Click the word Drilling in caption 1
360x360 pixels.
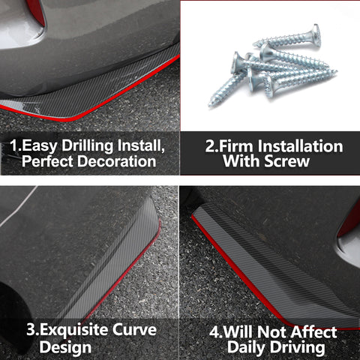click(x=88, y=146)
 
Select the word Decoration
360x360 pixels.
click(x=117, y=161)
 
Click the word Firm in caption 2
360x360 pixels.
click(x=235, y=146)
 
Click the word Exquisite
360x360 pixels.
click(x=73, y=331)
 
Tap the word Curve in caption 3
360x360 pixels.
click(x=134, y=330)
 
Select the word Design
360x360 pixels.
click(x=65, y=348)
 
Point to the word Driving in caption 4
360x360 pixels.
click(x=298, y=348)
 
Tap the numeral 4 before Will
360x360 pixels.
click(x=214, y=332)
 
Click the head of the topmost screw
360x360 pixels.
click(x=316, y=35)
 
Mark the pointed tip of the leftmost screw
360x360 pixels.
click(x=210, y=105)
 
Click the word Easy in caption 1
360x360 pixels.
click(x=40, y=146)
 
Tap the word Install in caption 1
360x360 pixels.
click(x=141, y=146)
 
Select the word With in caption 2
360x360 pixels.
click(x=241, y=161)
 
